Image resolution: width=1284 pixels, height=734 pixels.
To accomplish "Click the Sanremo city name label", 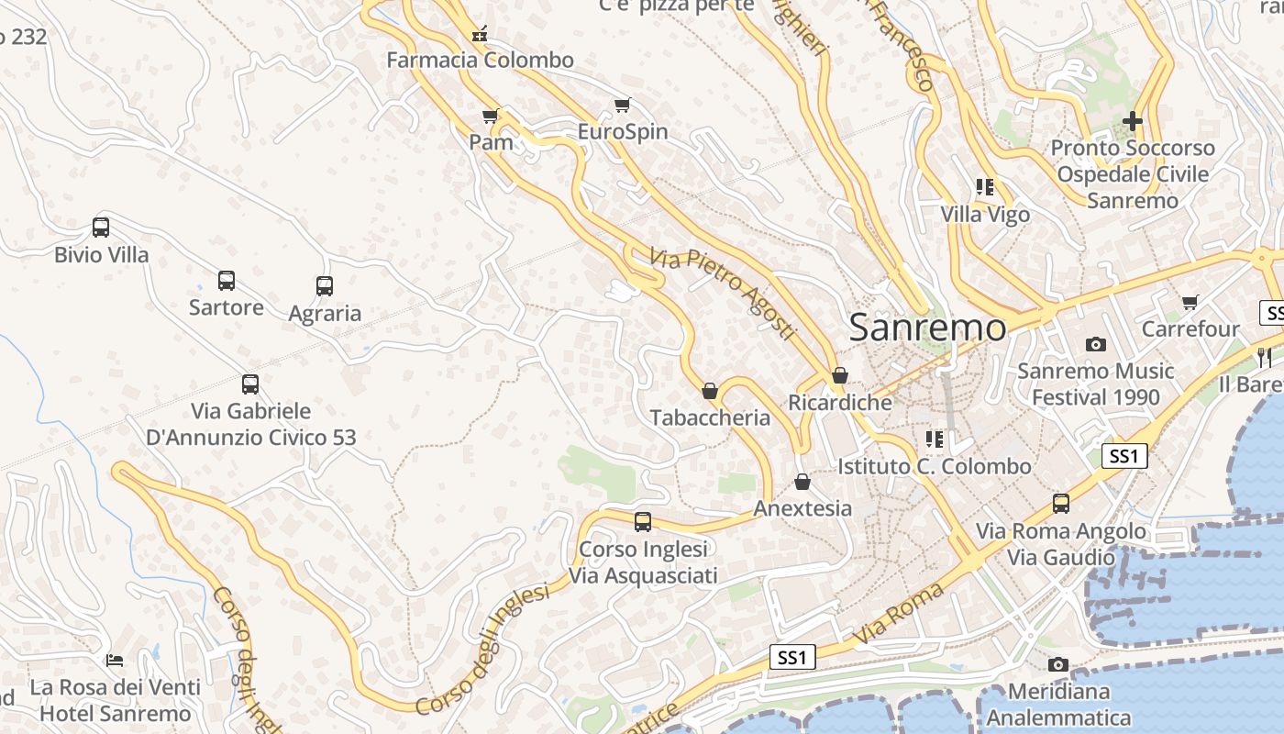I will [927, 328].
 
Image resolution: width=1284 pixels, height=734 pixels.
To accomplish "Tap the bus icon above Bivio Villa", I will [101, 227].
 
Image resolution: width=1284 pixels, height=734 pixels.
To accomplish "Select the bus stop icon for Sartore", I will [226, 280].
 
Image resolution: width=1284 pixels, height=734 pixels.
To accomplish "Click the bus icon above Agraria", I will [325, 285].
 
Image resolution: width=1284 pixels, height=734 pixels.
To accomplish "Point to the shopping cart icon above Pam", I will [490, 116].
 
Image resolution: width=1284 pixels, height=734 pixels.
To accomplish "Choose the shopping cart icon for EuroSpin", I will [623, 105].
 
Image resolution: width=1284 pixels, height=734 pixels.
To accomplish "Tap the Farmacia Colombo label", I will [480, 61].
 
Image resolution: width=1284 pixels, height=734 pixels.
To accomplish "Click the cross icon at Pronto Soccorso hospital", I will [1133, 120].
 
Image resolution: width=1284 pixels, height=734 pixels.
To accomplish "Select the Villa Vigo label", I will [985, 215].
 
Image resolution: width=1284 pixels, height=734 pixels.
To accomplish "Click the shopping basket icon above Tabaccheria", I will [709, 392].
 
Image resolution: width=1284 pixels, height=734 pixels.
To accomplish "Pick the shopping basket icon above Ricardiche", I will [839, 375].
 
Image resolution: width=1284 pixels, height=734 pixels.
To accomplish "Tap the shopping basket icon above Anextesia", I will [802, 482].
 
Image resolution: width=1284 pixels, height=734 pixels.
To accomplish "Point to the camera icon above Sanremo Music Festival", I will [1095, 344].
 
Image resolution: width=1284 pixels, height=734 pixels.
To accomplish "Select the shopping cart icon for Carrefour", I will [1190, 302].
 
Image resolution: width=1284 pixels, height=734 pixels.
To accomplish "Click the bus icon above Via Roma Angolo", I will [1060, 504].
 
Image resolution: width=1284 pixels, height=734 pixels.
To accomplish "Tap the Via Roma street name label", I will [898, 613].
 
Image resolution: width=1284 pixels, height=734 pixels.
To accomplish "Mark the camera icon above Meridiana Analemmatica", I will [1057, 664].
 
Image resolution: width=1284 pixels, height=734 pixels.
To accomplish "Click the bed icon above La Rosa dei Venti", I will [115, 660].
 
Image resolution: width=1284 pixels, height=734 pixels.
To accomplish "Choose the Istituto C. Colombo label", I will [934, 466].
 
